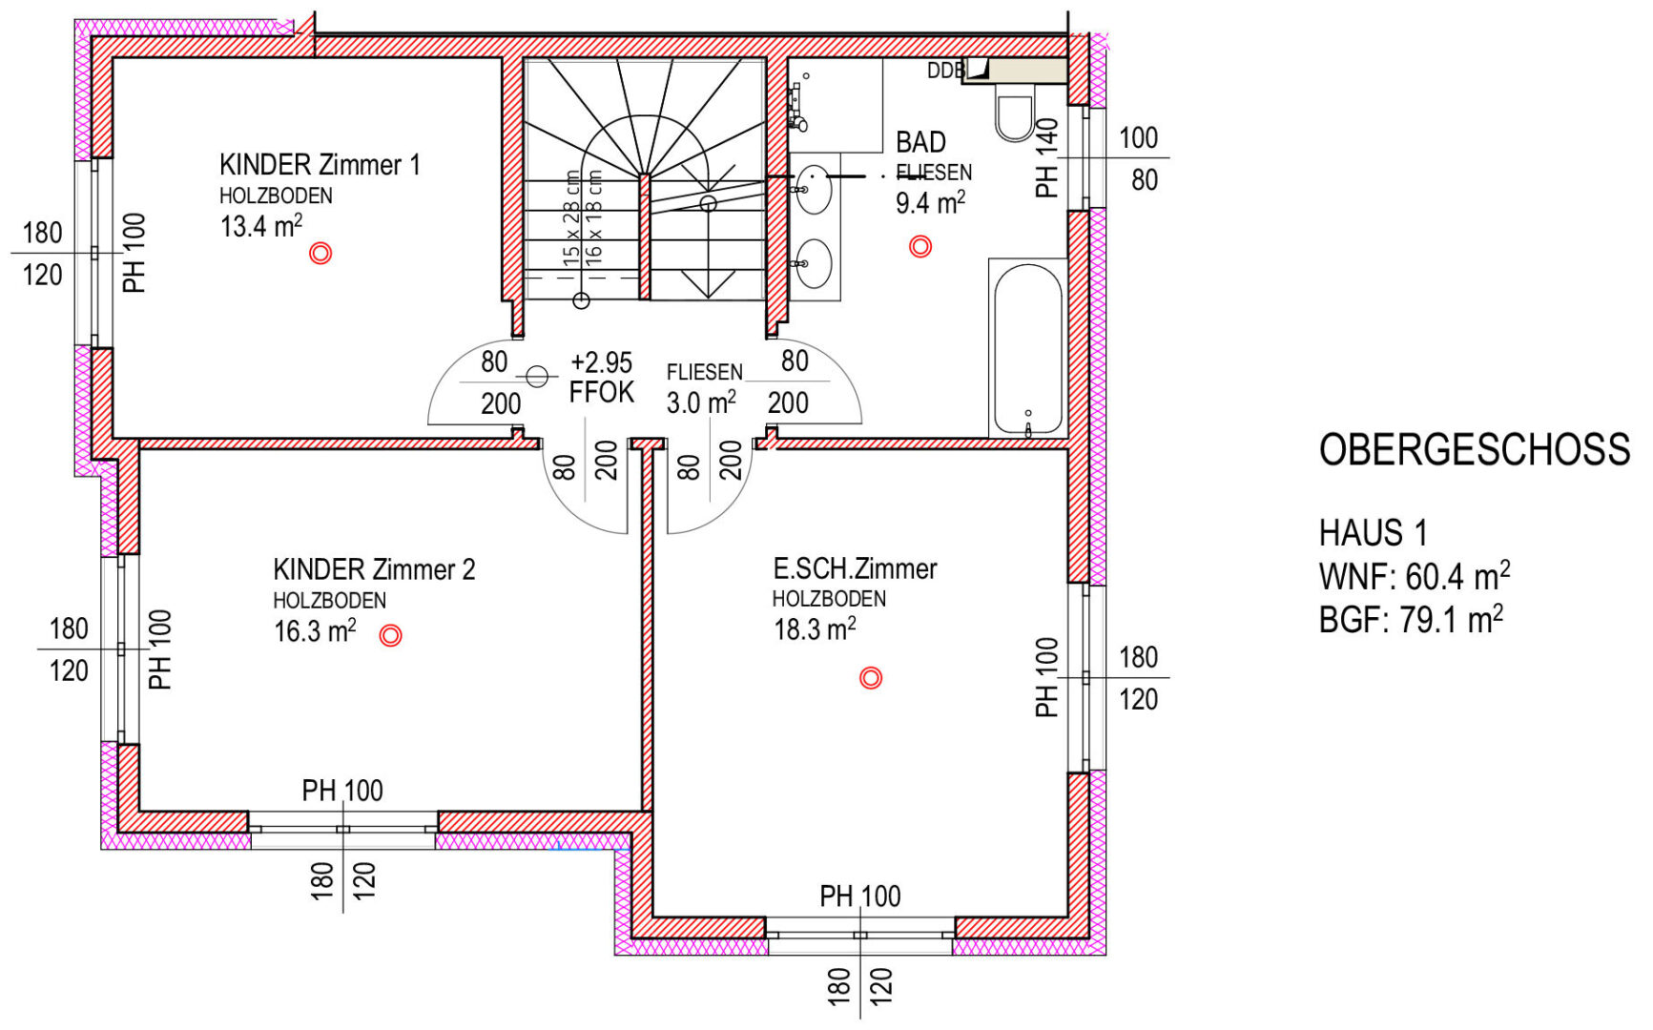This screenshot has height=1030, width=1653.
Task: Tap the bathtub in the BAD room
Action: tap(1028, 348)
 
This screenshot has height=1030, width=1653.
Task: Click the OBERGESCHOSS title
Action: tap(1475, 449)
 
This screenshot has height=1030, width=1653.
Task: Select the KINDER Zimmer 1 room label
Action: tap(320, 165)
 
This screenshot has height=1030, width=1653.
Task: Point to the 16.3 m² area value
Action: tap(315, 631)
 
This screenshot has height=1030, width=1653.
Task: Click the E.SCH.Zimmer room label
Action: tap(855, 569)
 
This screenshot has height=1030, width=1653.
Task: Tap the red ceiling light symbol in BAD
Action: tap(920, 246)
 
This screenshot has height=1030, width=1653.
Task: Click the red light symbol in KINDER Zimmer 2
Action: tap(390, 635)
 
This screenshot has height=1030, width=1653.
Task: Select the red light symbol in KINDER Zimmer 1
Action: tap(320, 253)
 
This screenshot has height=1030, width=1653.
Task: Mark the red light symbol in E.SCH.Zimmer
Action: tap(871, 678)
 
